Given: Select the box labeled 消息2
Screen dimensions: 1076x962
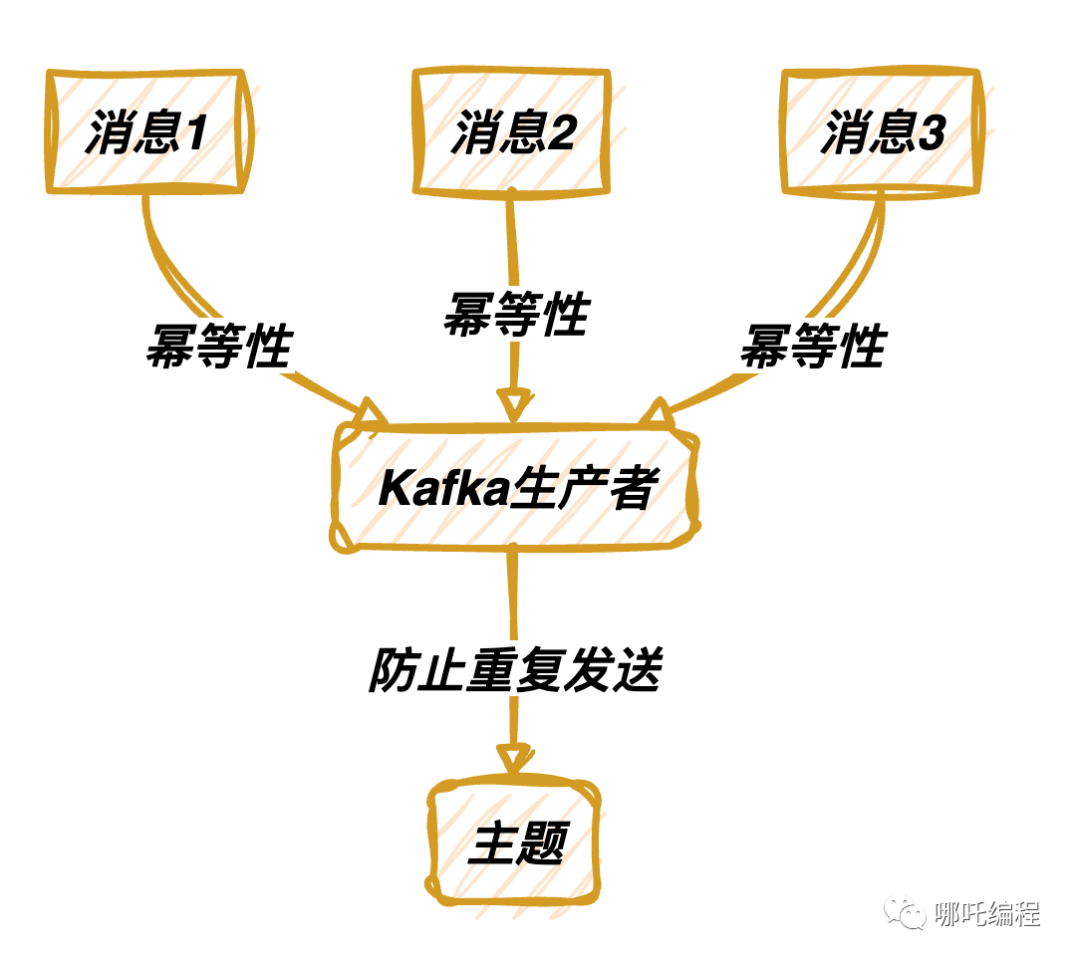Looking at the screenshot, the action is click(512, 131).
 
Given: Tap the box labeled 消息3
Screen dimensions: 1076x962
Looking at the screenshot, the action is click(882, 131).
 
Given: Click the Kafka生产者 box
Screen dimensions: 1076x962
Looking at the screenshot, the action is click(515, 488).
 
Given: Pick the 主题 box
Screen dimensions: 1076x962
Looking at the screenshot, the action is click(514, 842).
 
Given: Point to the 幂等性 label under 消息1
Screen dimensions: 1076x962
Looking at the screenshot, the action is click(219, 346).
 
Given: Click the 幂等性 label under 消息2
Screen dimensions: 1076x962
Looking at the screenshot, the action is click(517, 314).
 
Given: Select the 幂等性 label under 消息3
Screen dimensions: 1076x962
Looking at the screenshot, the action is click(814, 346).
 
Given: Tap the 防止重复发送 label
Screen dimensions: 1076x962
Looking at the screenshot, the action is click(515, 669).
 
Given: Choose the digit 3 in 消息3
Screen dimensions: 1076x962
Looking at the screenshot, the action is click(932, 131).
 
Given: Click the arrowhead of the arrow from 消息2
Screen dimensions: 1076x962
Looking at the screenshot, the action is click(515, 405).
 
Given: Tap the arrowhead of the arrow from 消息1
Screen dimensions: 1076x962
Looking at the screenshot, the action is click(371, 412).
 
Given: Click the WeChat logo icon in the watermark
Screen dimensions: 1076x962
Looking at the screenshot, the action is click(905, 913).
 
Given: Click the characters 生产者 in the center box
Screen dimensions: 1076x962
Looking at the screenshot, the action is click(585, 488).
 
